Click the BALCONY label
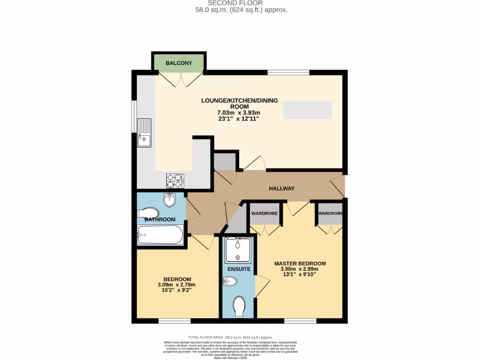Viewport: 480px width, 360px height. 178,63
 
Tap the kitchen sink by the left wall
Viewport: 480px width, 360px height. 144,133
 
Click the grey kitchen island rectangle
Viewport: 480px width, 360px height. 307,110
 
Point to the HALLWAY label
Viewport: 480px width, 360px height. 282,188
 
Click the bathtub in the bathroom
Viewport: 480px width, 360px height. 160,235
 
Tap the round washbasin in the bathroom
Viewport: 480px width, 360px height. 169,201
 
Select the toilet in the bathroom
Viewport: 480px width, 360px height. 148,213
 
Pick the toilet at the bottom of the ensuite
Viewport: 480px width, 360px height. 239,307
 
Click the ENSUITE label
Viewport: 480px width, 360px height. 239,270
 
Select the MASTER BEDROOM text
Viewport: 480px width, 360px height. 300,263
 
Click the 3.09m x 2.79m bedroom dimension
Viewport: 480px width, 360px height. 176,285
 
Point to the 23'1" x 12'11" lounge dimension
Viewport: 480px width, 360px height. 239,119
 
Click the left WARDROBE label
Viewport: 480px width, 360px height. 264,214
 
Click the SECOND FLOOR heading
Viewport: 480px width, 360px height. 241,3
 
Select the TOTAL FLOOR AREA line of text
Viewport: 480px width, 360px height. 230,337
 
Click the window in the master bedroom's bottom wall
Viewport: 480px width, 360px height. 300,321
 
